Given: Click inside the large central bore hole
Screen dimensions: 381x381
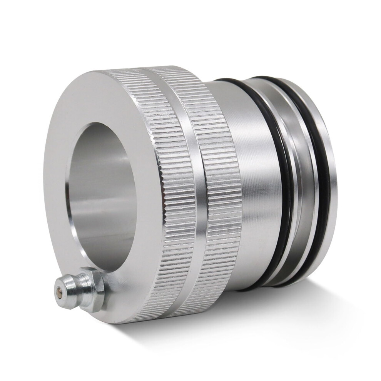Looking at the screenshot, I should coord(104,192).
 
